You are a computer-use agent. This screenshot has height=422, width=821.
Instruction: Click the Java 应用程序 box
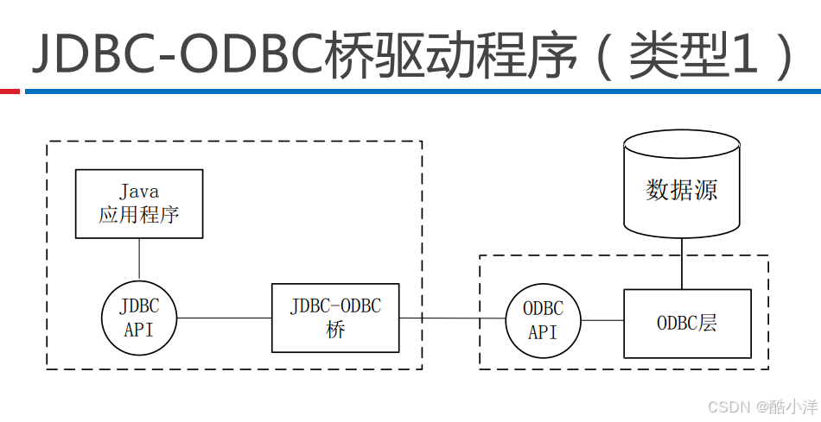139,204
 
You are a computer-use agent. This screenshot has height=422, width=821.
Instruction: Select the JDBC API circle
139,318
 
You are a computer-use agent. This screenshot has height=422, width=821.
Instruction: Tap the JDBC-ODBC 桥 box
335,318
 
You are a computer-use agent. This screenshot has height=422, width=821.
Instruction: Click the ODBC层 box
687,324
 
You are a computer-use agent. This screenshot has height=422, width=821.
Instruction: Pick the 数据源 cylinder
682,186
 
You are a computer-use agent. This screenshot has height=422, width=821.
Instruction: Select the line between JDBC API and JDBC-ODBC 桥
224,318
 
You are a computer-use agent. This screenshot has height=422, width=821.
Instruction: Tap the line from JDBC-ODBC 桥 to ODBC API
452,318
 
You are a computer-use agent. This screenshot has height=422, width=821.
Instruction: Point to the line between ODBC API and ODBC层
602,321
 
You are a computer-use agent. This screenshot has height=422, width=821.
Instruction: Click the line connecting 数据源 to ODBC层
682,263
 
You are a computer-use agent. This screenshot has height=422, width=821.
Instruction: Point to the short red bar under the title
10,91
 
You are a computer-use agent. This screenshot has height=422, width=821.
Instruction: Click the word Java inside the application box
139,192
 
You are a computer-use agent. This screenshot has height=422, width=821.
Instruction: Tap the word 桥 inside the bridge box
335,331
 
